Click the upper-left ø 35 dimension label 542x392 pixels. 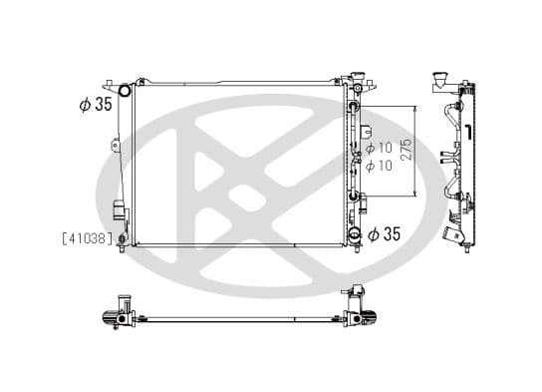coord(96,104)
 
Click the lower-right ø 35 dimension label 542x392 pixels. coord(384,234)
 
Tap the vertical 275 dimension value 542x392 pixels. coord(406,152)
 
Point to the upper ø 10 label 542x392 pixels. coord(380,151)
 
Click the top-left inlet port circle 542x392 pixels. coord(126,92)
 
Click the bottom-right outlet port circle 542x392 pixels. coord(355,235)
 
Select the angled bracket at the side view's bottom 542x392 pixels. coord(455,234)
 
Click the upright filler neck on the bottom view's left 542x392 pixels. coord(124,302)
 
